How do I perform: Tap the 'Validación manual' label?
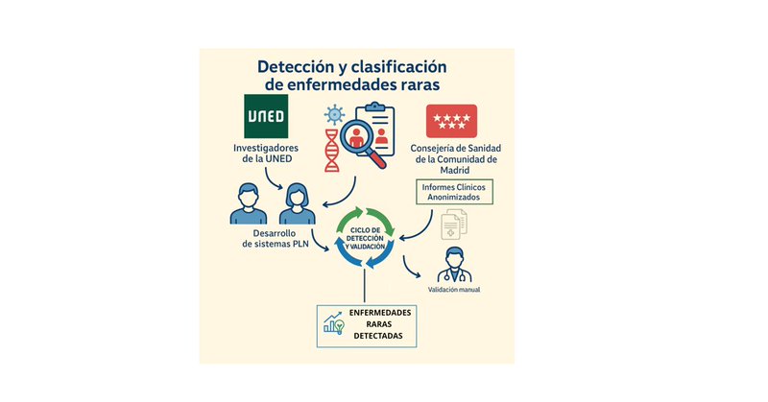(455, 290)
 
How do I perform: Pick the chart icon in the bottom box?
(335, 324)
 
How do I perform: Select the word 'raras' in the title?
(413, 85)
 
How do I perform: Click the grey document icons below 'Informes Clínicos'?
(453, 227)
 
